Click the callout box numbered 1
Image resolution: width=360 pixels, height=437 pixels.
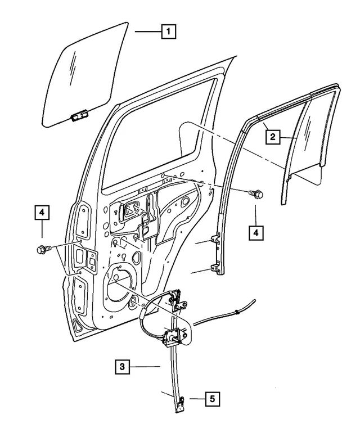point(167,32)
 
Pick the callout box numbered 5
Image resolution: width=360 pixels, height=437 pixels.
point(212,399)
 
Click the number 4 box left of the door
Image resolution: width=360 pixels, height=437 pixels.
point(42,213)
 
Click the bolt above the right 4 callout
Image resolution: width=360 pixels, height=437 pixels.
point(255,195)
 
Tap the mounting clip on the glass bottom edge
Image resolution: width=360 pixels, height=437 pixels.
point(78,116)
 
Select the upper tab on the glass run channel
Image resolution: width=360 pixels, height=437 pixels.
point(215,241)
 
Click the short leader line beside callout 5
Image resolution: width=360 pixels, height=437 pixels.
point(196,399)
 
